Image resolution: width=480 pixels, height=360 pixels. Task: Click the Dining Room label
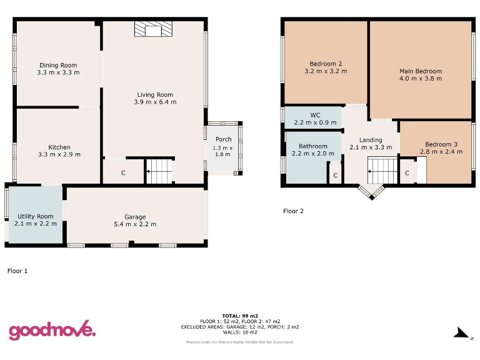pyautogui.click(x=58, y=65)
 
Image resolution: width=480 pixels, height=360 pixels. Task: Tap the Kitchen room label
pyautogui.click(x=59, y=147)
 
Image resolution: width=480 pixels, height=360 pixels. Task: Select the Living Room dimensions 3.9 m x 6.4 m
pyautogui.click(x=155, y=102)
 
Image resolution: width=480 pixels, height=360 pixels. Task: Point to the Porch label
pyautogui.click(x=223, y=139)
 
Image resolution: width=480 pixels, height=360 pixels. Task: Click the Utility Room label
pyautogui.click(x=36, y=216)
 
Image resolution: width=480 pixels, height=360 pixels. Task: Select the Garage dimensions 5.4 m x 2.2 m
pyautogui.click(x=135, y=224)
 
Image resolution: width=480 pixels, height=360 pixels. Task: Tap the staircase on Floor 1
pyautogui.click(x=159, y=171)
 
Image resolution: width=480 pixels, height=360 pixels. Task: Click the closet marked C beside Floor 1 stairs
pyautogui.click(x=123, y=172)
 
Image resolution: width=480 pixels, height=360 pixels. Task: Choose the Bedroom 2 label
pyautogui.click(x=326, y=64)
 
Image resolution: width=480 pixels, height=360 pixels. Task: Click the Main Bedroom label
pyautogui.click(x=421, y=71)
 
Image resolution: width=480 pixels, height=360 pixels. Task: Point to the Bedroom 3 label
pyautogui.click(x=441, y=144)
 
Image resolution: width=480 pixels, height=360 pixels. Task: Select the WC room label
pyautogui.click(x=315, y=115)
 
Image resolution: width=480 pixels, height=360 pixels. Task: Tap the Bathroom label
pyautogui.click(x=313, y=146)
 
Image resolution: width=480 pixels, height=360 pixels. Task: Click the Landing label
pyautogui.click(x=371, y=140)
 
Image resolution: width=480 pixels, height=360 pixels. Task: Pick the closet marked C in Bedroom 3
pyautogui.click(x=407, y=173)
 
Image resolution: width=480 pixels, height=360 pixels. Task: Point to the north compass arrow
pyautogui.click(x=461, y=333)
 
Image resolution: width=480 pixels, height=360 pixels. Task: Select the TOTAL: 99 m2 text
pyautogui.click(x=240, y=316)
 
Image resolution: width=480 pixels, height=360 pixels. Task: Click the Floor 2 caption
pyautogui.click(x=293, y=211)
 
